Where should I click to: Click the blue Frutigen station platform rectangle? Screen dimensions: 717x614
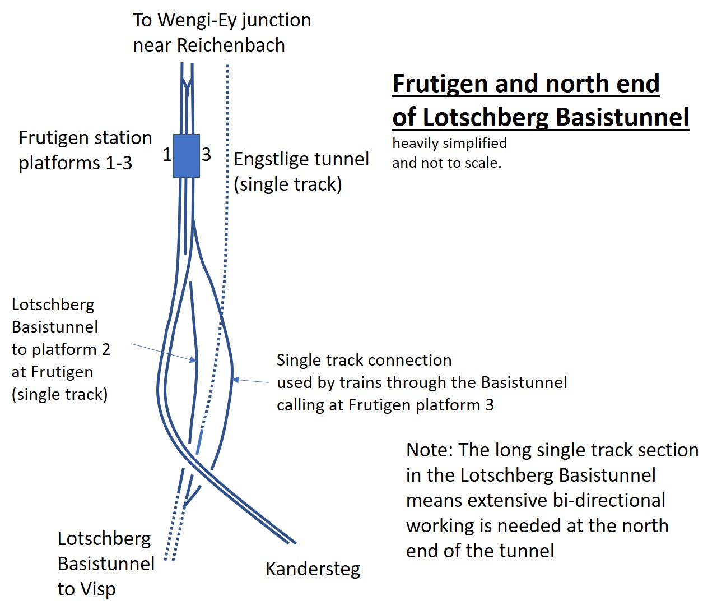tap(187, 156)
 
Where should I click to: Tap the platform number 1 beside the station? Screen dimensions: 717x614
tap(167, 155)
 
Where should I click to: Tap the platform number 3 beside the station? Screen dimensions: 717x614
tap(206, 155)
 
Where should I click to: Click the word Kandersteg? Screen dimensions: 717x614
tap(313, 570)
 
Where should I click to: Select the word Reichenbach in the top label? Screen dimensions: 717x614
tap(231, 45)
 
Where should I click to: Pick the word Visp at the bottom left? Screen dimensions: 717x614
tap(98, 590)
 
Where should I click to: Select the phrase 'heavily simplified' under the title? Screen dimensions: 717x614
tap(450, 144)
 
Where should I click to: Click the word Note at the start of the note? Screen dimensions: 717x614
tap(430, 450)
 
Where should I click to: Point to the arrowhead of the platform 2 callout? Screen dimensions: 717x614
tap(193, 361)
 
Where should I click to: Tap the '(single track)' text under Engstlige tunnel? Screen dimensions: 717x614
tap(288, 184)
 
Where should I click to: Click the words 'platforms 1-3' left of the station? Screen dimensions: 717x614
tap(75, 163)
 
